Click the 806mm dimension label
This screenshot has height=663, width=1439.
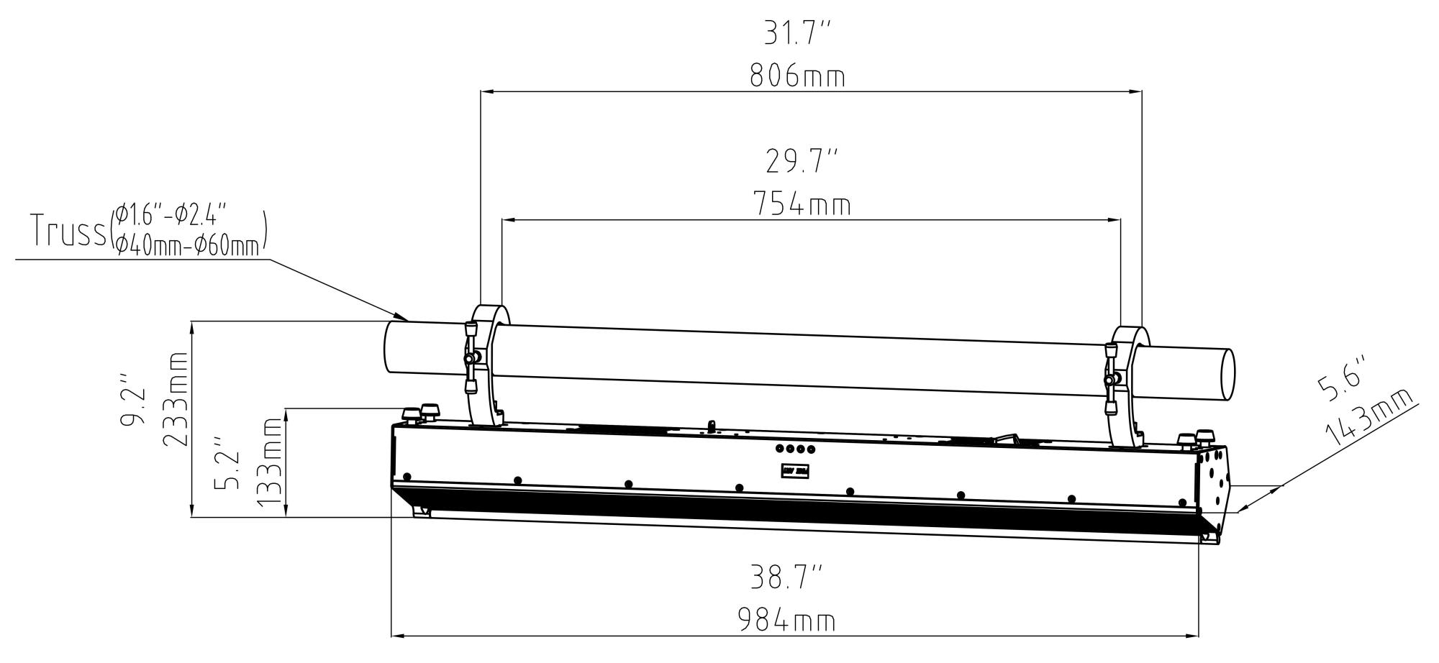click(797, 76)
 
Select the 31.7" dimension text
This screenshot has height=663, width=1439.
click(797, 33)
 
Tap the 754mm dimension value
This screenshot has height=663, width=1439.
click(802, 205)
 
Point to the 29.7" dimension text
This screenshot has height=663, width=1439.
click(802, 162)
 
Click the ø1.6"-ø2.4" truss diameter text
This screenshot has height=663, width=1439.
click(172, 214)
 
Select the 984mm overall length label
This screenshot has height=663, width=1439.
click(786, 620)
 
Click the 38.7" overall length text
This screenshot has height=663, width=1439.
click(786, 577)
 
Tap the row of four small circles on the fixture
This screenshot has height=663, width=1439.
click(795, 449)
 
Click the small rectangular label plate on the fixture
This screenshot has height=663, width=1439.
click(795, 471)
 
